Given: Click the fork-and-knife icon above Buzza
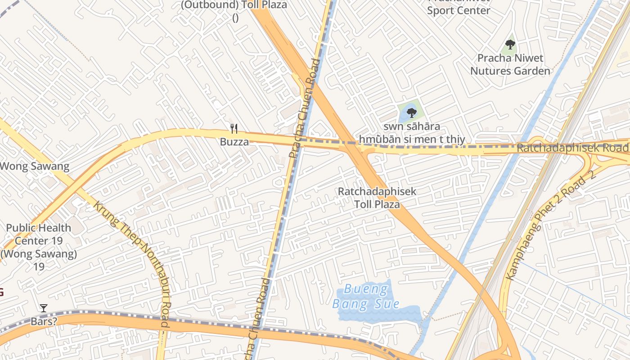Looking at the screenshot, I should [x=234, y=129].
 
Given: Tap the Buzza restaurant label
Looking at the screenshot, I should [x=234, y=142].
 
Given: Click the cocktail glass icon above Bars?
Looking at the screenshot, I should [x=44, y=308].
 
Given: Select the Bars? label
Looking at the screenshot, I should [x=44, y=322].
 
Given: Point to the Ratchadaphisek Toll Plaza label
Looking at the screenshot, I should [x=377, y=198].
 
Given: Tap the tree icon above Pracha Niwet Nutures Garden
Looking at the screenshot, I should [x=510, y=44].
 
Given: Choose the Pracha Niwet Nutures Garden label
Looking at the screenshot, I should [x=510, y=64].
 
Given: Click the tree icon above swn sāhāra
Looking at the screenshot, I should [x=411, y=112].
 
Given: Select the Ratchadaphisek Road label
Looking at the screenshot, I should [x=572, y=148].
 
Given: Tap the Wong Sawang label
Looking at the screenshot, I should [x=35, y=166].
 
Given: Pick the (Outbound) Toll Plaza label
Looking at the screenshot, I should [x=234, y=5].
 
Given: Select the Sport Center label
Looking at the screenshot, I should [x=458, y=10].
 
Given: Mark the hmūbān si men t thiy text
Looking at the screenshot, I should [x=412, y=139].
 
